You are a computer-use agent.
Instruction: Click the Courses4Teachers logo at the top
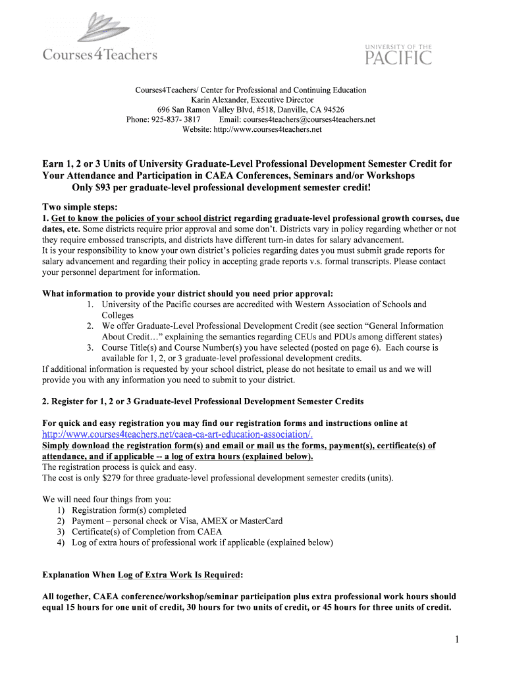100,40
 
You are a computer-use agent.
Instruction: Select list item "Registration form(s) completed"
129,510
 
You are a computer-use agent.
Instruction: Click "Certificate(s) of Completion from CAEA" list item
147,531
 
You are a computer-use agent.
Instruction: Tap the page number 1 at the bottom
456,639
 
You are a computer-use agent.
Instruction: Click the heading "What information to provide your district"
188,293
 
